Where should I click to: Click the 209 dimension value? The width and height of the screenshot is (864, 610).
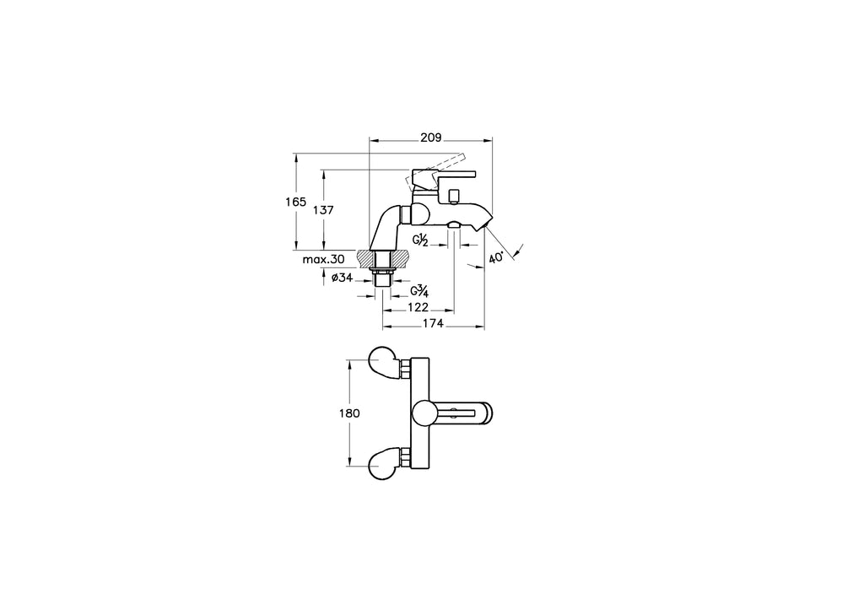tap(431, 138)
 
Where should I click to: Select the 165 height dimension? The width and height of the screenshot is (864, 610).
tap(296, 202)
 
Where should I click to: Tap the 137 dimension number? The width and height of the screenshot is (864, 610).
tap(323, 210)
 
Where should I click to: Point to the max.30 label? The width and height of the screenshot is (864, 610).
tap(323, 259)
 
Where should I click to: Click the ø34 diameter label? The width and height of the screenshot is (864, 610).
tap(342, 278)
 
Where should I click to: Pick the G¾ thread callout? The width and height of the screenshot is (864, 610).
tap(419, 290)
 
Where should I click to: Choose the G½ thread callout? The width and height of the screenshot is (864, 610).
tap(421, 240)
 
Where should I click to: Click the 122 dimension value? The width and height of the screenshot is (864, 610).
tap(418, 307)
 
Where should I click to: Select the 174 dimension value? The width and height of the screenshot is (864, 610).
tap(433, 323)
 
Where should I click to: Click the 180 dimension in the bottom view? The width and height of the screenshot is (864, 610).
tap(349, 413)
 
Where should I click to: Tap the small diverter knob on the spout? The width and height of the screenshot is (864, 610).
tap(455, 197)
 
